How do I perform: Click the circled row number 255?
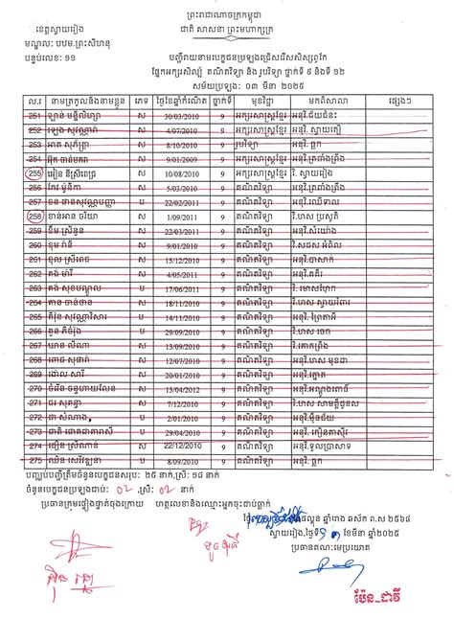click(x=36, y=175)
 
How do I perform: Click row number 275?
click(x=36, y=460)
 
